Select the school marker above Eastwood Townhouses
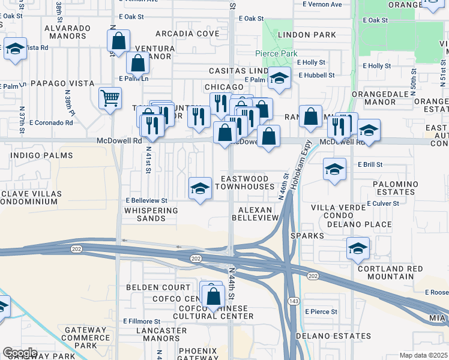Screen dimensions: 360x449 point(200,188)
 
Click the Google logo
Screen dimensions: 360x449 point(20,353)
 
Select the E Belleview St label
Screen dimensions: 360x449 point(146,200)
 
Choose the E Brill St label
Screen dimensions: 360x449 point(370,164)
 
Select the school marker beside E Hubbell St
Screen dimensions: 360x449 point(279,77)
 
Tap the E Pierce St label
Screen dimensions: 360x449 point(321,311)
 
